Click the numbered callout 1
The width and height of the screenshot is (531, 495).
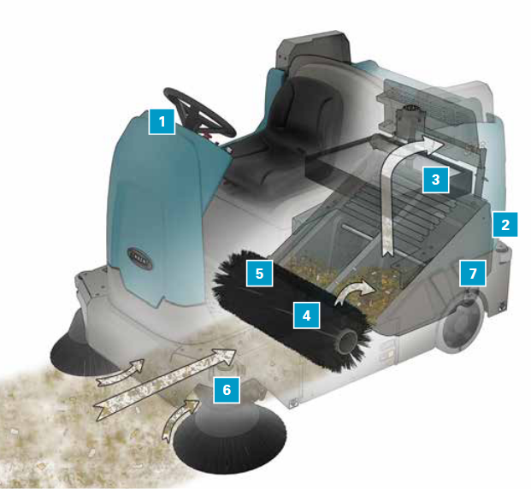(x=162, y=122)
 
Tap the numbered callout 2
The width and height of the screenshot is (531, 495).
(x=505, y=225)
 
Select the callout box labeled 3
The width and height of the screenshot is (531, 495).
(x=435, y=180)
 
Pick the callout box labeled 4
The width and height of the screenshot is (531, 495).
(x=306, y=315)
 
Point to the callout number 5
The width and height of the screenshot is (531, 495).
(x=259, y=274)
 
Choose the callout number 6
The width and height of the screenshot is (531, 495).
(x=227, y=390)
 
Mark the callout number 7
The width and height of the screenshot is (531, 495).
(x=473, y=274)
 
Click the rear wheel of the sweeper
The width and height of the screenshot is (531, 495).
(x=461, y=321)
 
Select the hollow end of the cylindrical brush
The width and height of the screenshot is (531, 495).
(x=345, y=343)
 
